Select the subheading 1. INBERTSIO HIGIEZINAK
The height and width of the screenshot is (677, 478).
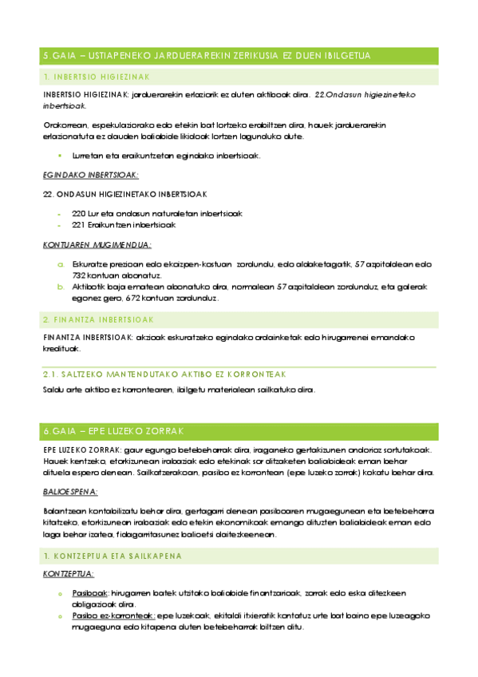[x=97, y=77]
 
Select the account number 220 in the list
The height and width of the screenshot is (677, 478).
[x=78, y=213]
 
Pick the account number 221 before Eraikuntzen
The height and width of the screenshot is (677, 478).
[x=78, y=225]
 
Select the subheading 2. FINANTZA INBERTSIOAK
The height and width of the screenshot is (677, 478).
[x=98, y=319]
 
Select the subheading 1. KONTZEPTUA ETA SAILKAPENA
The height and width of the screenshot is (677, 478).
[x=113, y=555]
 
